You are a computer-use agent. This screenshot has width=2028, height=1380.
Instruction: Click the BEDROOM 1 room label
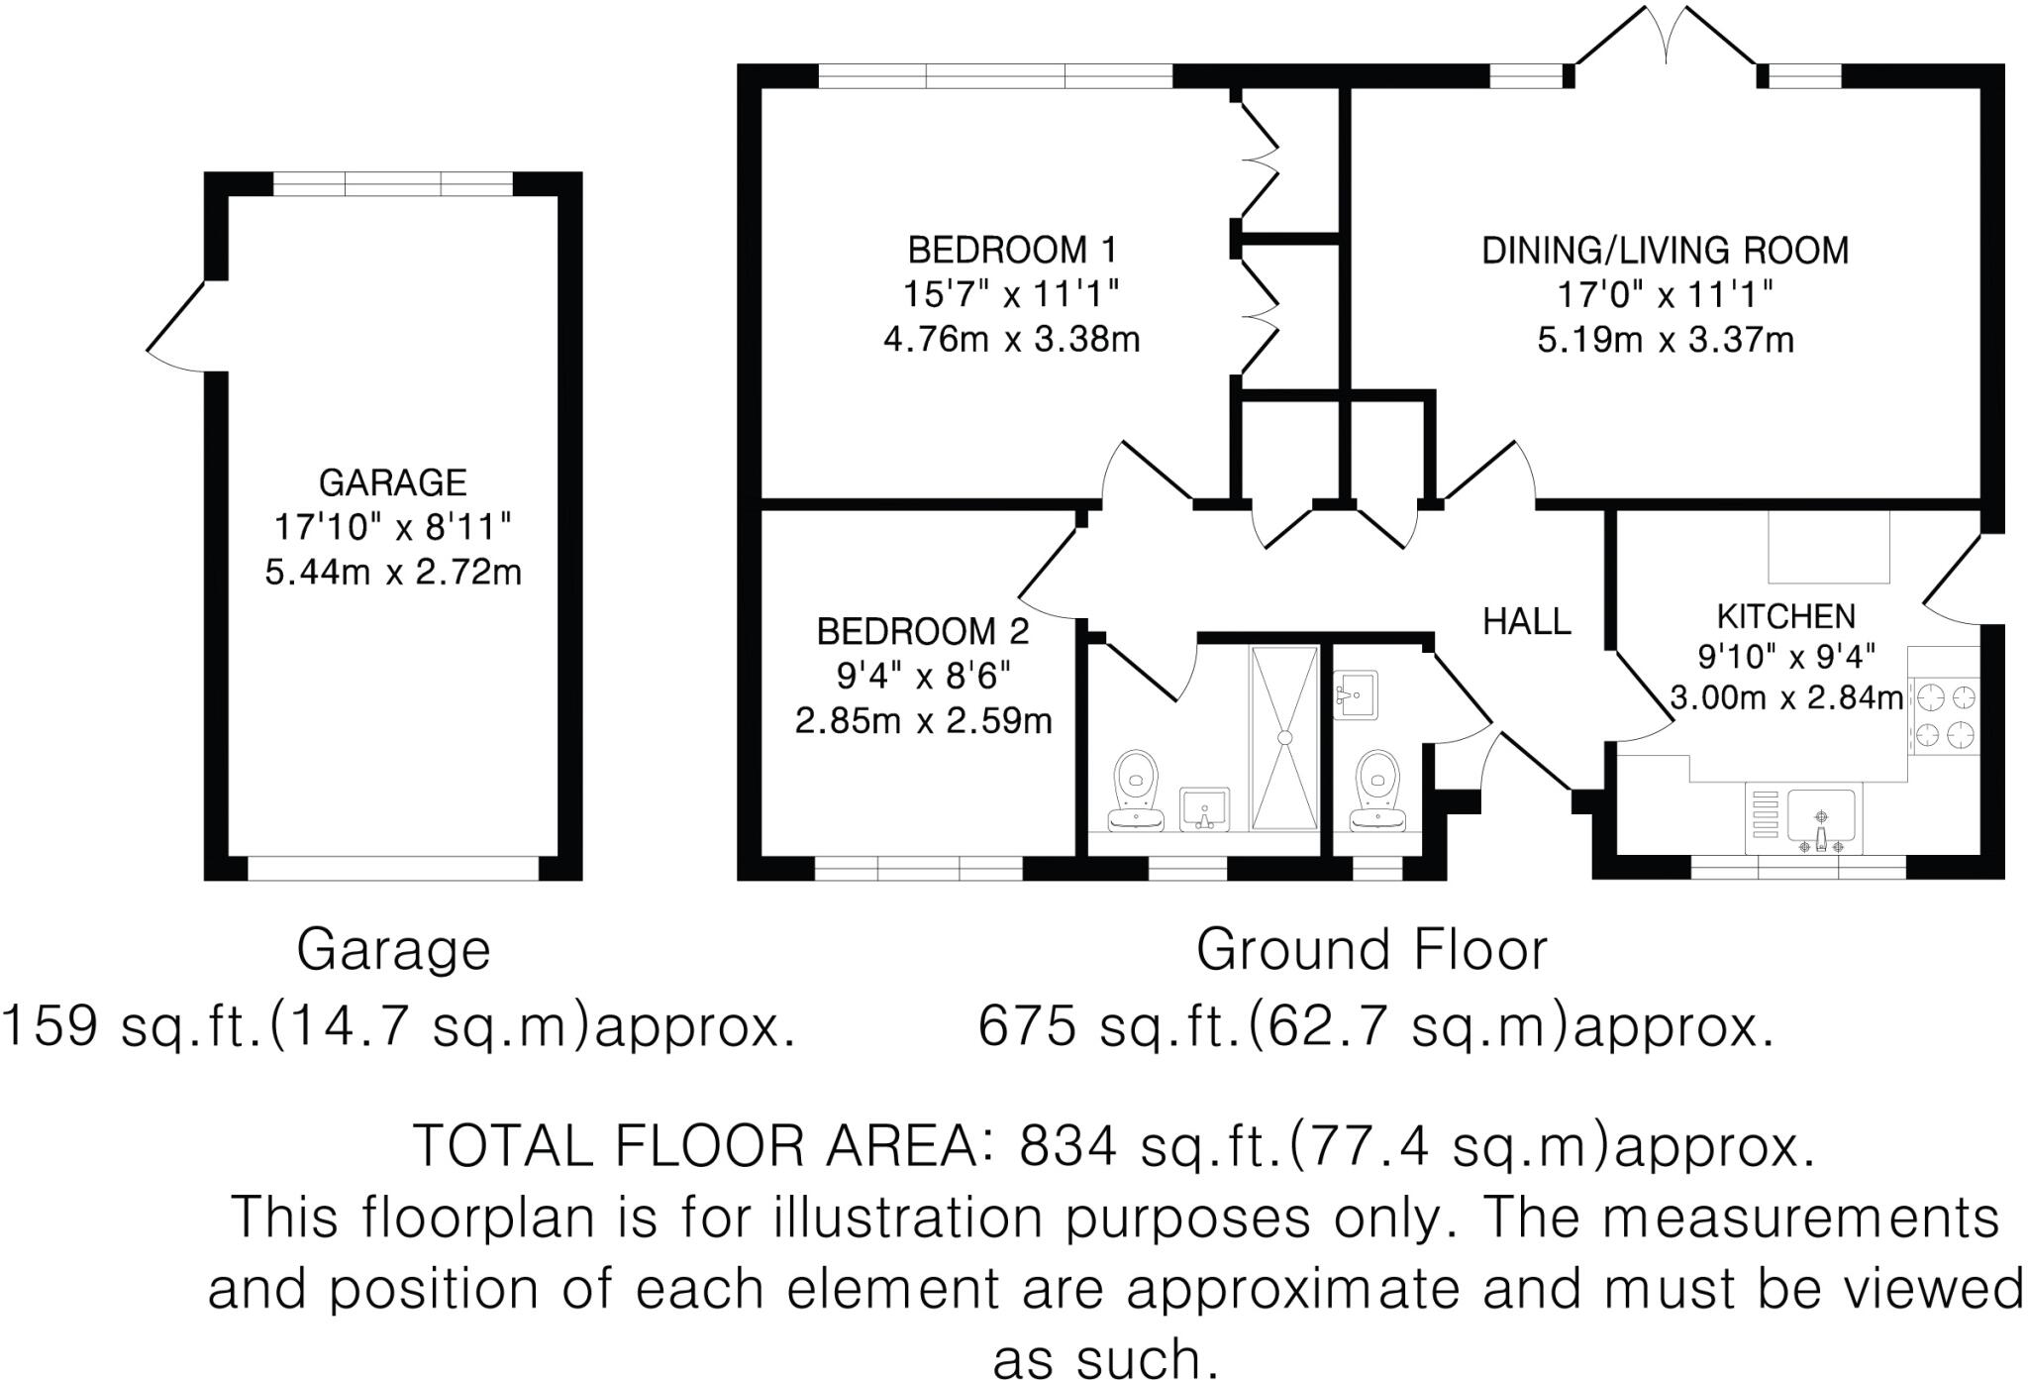click(1011, 250)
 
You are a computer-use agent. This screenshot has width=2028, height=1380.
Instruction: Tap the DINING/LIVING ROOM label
click(1665, 251)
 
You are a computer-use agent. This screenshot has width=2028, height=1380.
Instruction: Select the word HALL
click(1526, 621)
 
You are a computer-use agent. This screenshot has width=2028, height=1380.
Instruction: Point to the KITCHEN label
click(1785, 616)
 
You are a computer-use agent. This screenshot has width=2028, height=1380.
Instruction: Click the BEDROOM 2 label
click(922, 631)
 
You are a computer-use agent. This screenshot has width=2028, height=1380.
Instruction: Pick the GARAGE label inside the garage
click(392, 482)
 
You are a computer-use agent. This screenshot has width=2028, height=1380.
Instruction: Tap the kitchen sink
click(1821, 820)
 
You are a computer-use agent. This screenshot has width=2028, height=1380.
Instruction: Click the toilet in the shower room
click(1136, 792)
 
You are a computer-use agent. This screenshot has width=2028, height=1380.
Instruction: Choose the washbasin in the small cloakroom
click(1356, 694)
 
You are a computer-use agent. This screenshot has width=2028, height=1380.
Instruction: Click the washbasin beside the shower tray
click(1204, 808)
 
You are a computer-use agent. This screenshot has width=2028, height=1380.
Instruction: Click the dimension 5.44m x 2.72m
click(392, 573)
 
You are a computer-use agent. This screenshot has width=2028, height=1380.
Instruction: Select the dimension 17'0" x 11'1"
click(1665, 295)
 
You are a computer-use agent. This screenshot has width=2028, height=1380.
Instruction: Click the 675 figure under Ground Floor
click(1027, 1026)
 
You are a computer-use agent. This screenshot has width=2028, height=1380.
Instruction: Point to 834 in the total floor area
click(1068, 1147)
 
